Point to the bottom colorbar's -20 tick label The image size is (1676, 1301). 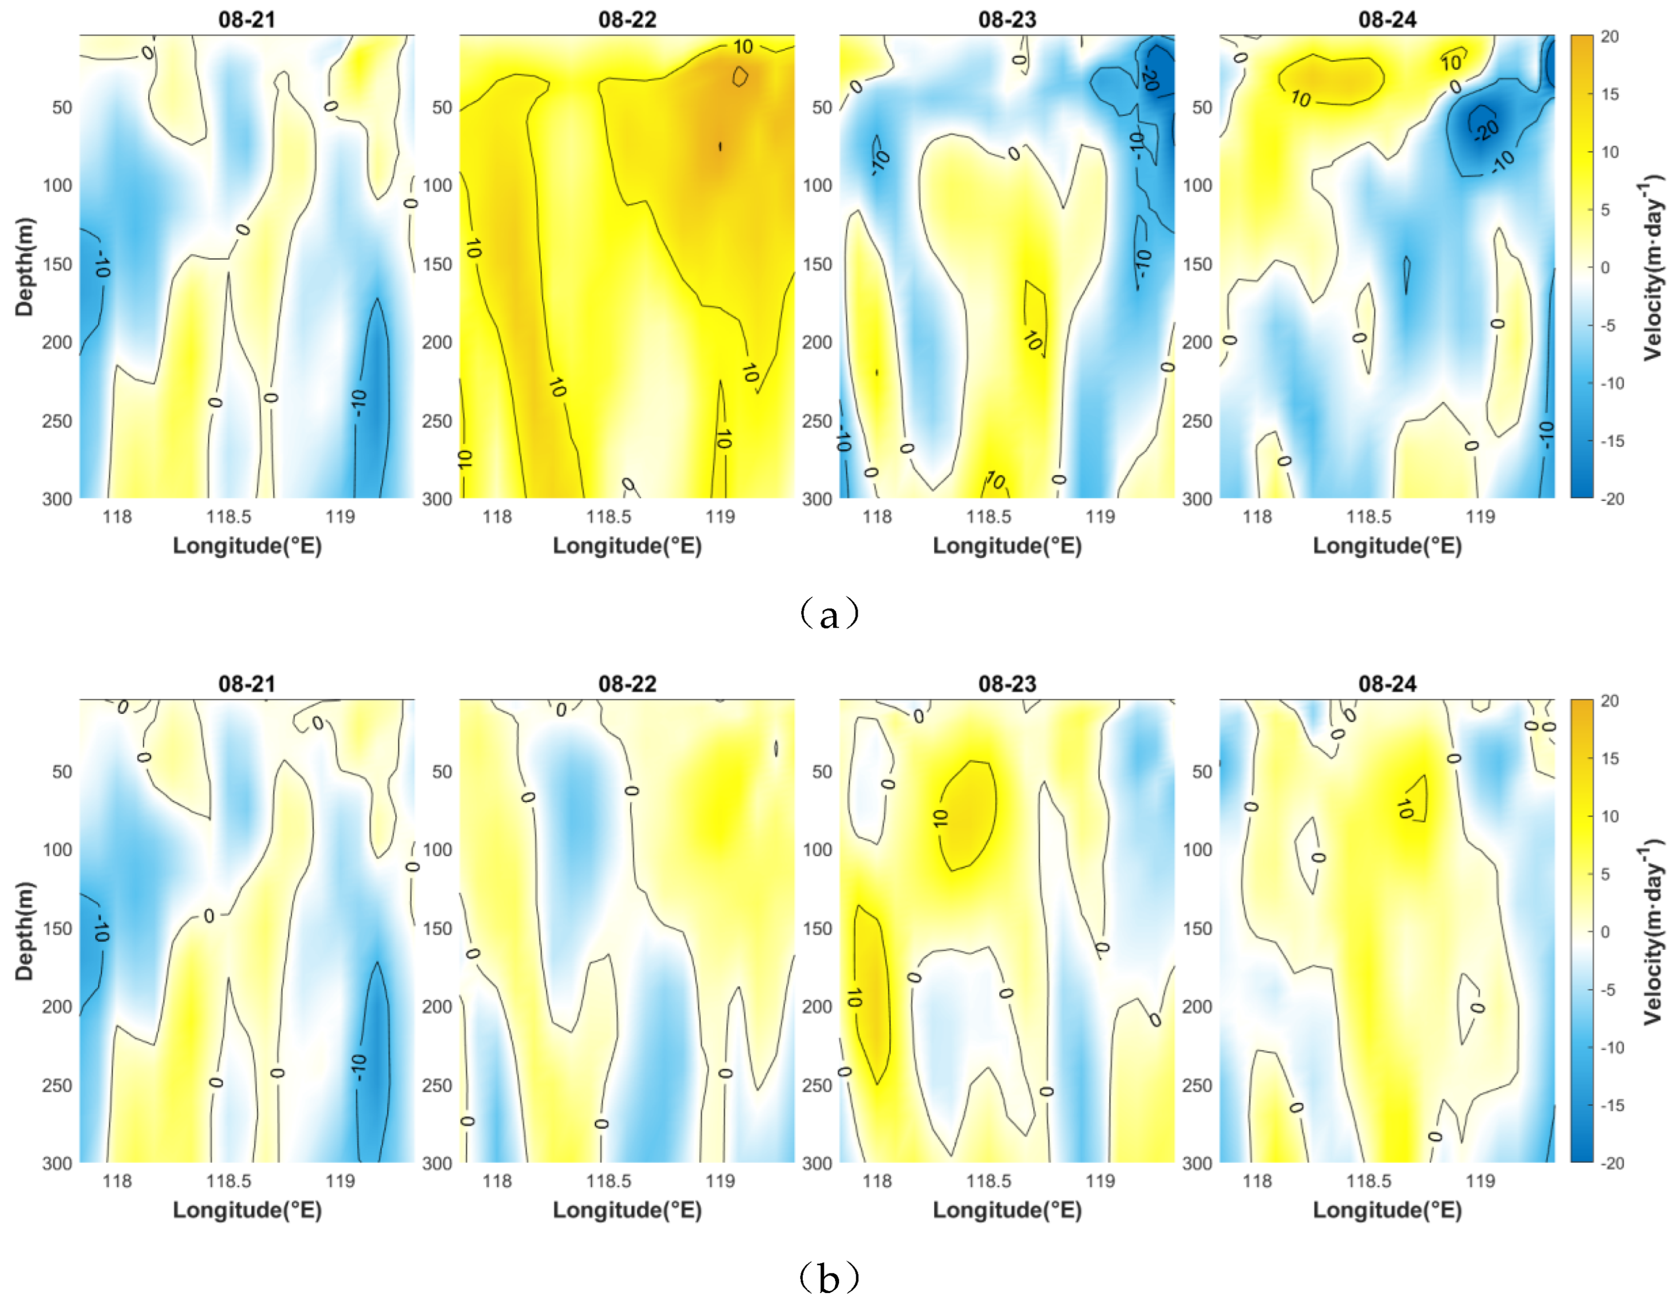[x=1612, y=1163]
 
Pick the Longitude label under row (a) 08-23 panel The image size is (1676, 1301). [x=1007, y=545]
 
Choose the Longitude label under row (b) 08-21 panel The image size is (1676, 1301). [x=247, y=1210]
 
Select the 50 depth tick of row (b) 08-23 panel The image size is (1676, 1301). [x=822, y=772]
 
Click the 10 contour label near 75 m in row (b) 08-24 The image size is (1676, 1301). [x=1405, y=808]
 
